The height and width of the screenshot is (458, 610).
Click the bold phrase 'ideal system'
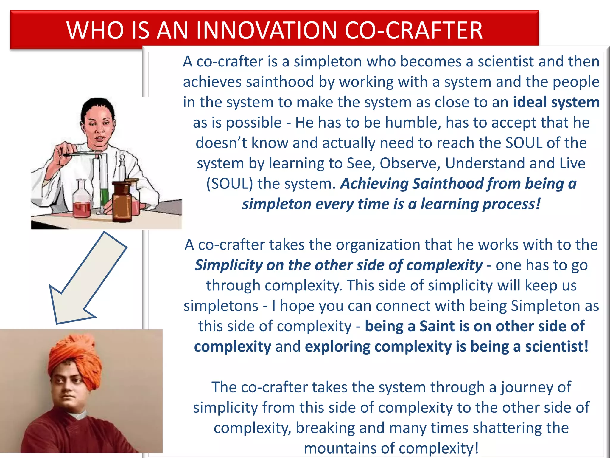[x=556, y=102]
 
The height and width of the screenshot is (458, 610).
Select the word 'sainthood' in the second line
[x=280, y=82]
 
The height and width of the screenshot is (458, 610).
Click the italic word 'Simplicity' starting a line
[x=228, y=265]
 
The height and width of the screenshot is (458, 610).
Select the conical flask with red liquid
[x=81, y=203]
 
